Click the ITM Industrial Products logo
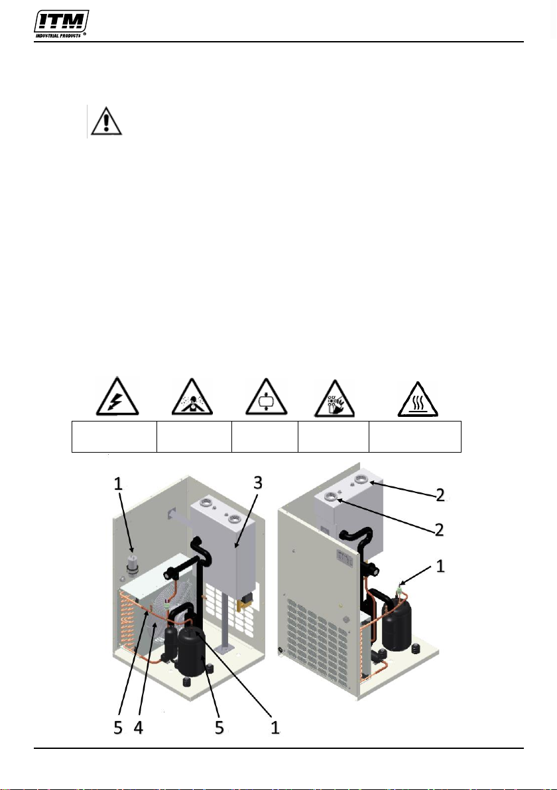pos(62,24)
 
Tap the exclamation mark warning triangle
pos(106,121)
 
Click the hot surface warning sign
pos(418,400)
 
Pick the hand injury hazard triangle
pos(334,399)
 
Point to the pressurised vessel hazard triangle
pos(266,398)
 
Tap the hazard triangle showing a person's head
pos(192,397)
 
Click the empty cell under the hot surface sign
pos(415,437)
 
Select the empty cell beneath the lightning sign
pos(115,437)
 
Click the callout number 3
pos(257,483)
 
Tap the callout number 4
pos(138,727)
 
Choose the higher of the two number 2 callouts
pos(440,495)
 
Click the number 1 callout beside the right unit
pos(440,566)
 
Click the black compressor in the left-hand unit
pos(190,651)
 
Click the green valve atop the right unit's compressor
pos(401,585)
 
